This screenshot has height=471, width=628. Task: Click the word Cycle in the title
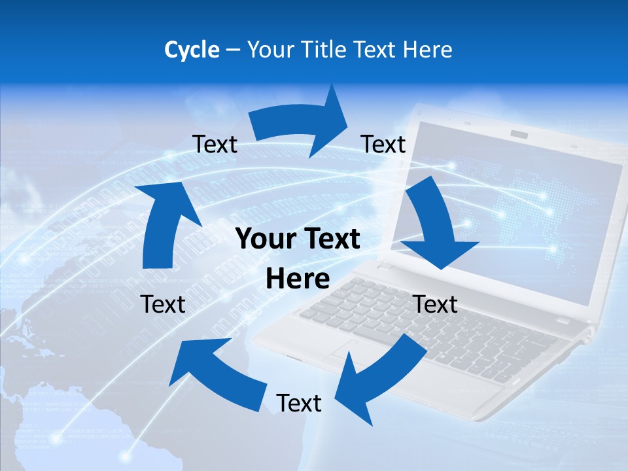192,50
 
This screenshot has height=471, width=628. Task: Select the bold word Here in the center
298,279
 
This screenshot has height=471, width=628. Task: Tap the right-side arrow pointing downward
435,226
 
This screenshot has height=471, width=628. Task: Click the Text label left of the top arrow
215,145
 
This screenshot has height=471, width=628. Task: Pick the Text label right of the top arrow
383,145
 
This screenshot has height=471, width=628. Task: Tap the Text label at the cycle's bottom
299,404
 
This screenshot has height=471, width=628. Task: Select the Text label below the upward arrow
163,304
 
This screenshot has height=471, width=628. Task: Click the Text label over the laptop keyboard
436,304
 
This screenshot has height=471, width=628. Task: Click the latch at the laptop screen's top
519,135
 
